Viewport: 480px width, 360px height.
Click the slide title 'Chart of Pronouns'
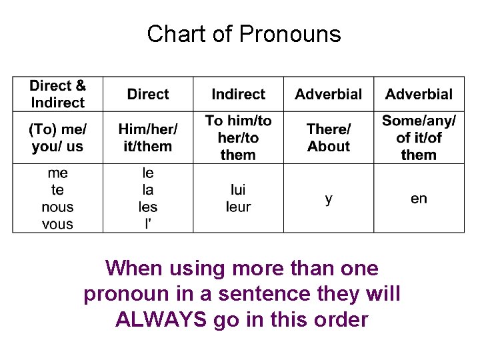[243, 33]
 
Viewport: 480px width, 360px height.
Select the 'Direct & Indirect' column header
[57, 94]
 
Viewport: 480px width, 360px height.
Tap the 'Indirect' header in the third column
[238, 94]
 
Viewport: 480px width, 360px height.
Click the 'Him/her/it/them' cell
[147, 137]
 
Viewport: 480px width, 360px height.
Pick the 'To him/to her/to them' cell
[238, 137]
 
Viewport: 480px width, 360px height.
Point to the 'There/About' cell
[329, 137]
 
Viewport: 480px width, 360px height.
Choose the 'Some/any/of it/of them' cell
[419, 137]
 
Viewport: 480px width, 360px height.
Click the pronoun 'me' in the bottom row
[57, 173]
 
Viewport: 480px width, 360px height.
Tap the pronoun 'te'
[57, 190]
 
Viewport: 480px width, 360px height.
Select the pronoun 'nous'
[57, 207]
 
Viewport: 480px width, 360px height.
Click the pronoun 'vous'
[57, 224]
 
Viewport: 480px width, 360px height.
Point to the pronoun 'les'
[147, 207]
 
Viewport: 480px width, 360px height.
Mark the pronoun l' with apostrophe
[147, 224]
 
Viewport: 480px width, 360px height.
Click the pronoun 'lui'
[238, 190]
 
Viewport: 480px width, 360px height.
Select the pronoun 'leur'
[238, 207]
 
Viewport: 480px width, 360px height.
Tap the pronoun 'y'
[329, 199]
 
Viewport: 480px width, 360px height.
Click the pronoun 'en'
[419, 199]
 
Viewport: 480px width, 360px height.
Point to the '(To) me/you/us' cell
[57, 137]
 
